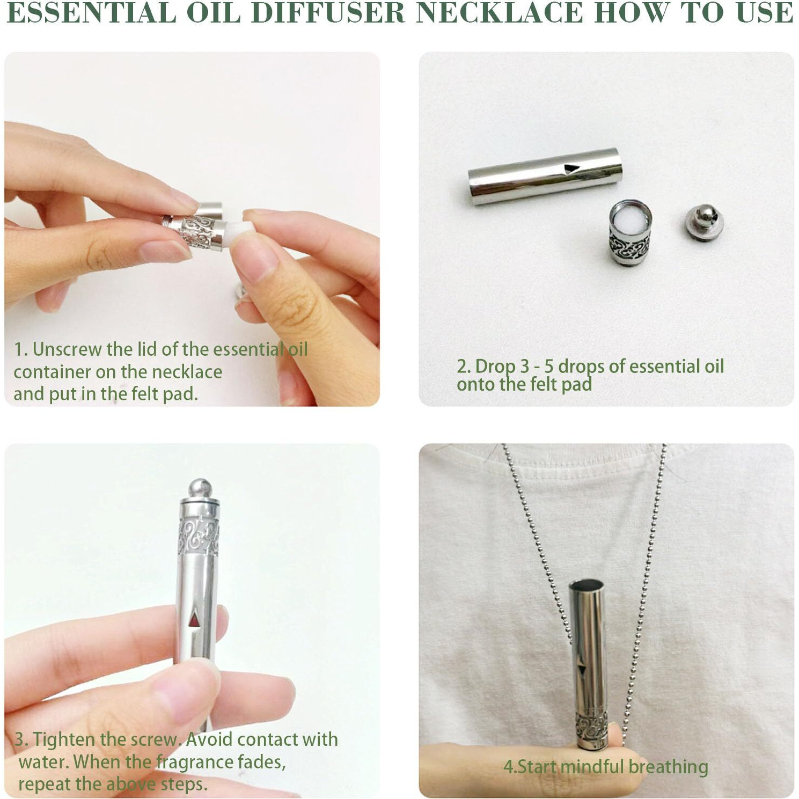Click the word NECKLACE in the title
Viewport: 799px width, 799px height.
(x=500, y=13)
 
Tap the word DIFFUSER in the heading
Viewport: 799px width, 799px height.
(x=328, y=13)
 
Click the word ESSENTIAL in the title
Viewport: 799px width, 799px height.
(x=92, y=13)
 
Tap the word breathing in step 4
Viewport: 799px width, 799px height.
(x=668, y=767)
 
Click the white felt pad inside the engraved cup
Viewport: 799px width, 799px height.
(x=631, y=219)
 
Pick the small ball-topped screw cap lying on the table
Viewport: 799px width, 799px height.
(x=705, y=222)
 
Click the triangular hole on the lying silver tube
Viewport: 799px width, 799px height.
(x=571, y=169)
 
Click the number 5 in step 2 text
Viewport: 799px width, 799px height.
(x=548, y=367)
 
